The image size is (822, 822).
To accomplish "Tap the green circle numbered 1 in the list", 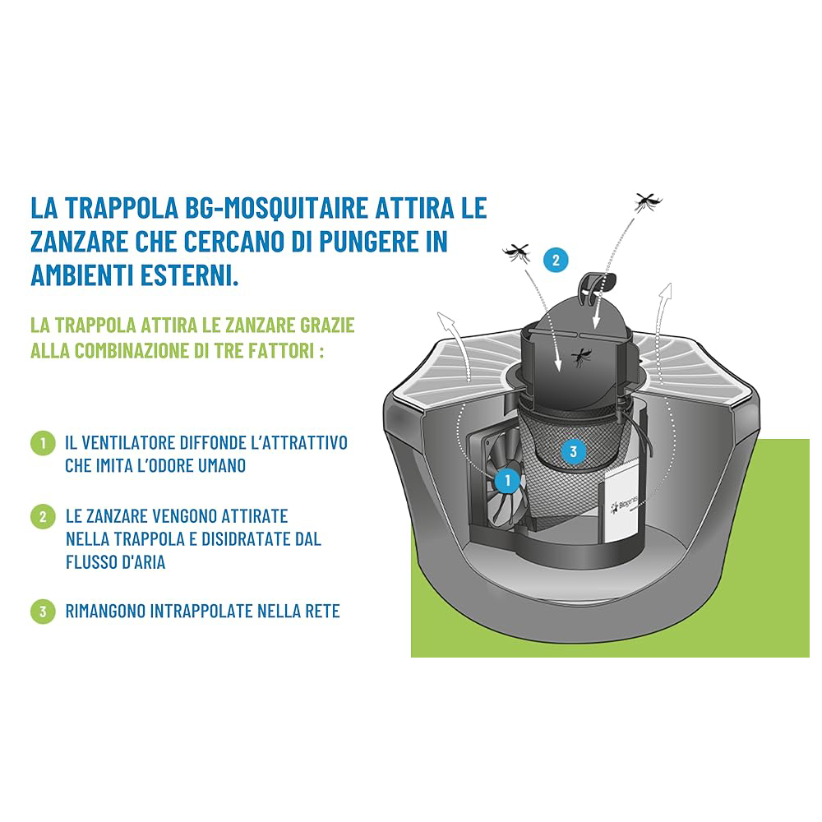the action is [43, 443].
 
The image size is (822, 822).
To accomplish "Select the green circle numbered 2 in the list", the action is [43, 517].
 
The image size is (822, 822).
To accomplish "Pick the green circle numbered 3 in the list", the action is [43, 612].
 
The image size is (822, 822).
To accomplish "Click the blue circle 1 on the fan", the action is [507, 480].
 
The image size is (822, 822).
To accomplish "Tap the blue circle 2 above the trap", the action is [556, 260].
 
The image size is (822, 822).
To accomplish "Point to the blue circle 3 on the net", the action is [573, 451].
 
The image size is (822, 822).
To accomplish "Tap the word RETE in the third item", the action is [323, 612].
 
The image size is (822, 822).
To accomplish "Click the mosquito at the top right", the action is [648, 201].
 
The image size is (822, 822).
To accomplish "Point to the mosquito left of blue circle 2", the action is [517, 253].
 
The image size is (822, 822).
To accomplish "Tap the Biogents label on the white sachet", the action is [625, 506].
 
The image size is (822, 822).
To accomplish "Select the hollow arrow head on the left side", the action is [446, 321].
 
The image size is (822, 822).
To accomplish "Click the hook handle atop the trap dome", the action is [597, 285].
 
